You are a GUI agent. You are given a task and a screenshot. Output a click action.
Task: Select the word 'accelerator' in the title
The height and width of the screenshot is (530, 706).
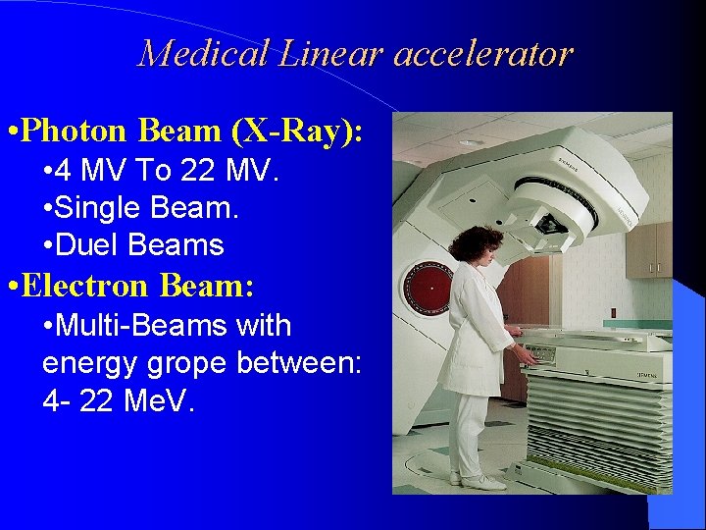(482, 53)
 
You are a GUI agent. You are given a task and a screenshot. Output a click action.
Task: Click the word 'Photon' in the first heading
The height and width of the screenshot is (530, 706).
(76, 130)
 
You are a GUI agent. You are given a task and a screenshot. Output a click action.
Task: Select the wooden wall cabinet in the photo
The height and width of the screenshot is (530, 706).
(649, 249)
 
